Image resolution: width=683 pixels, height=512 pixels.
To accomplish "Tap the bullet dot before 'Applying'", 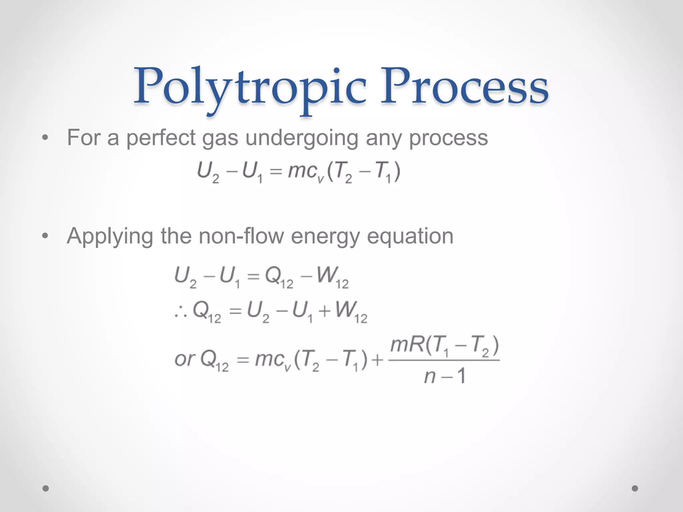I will tap(45, 236).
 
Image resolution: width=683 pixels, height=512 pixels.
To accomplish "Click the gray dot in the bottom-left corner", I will tap(46, 488).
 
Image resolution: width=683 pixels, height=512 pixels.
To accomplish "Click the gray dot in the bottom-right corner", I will tap(635, 488).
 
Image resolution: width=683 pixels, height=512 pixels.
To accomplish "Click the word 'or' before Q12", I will tap(184, 359).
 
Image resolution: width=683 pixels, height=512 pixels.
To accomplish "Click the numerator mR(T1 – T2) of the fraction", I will tap(444, 346).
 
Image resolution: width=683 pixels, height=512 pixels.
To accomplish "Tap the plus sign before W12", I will tap(324, 311).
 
